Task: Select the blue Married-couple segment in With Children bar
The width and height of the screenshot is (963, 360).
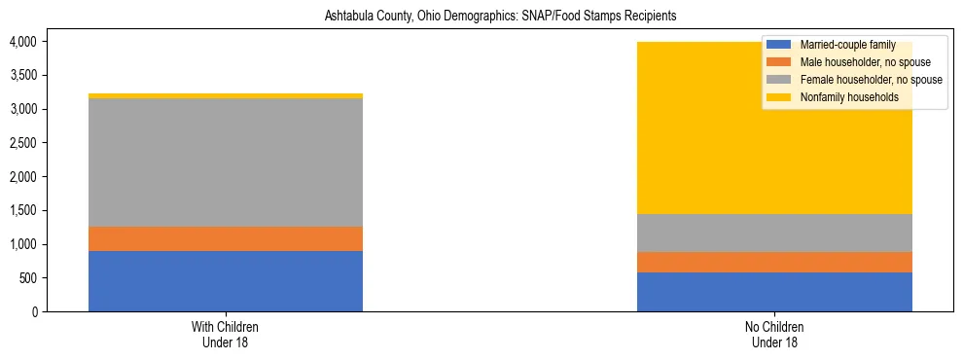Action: (x=226, y=281)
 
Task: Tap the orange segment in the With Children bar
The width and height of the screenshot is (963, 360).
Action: (x=226, y=239)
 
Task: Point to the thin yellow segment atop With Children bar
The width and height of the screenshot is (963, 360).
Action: (x=226, y=95)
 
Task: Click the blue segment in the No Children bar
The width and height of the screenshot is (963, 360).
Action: (x=774, y=292)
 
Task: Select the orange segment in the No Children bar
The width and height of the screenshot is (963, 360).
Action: (x=774, y=263)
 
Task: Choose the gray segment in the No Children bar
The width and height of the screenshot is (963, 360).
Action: (x=774, y=234)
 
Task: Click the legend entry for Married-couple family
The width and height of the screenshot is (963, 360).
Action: (x=845, y=45)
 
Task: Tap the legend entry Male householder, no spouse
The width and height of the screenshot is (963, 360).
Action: (x=851, y=62)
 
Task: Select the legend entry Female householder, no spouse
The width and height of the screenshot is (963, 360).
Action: (x=856, y=80)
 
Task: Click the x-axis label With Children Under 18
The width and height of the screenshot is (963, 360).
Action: (x=226, y=334)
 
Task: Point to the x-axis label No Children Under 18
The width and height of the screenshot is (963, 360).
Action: (x=774, y=334)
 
